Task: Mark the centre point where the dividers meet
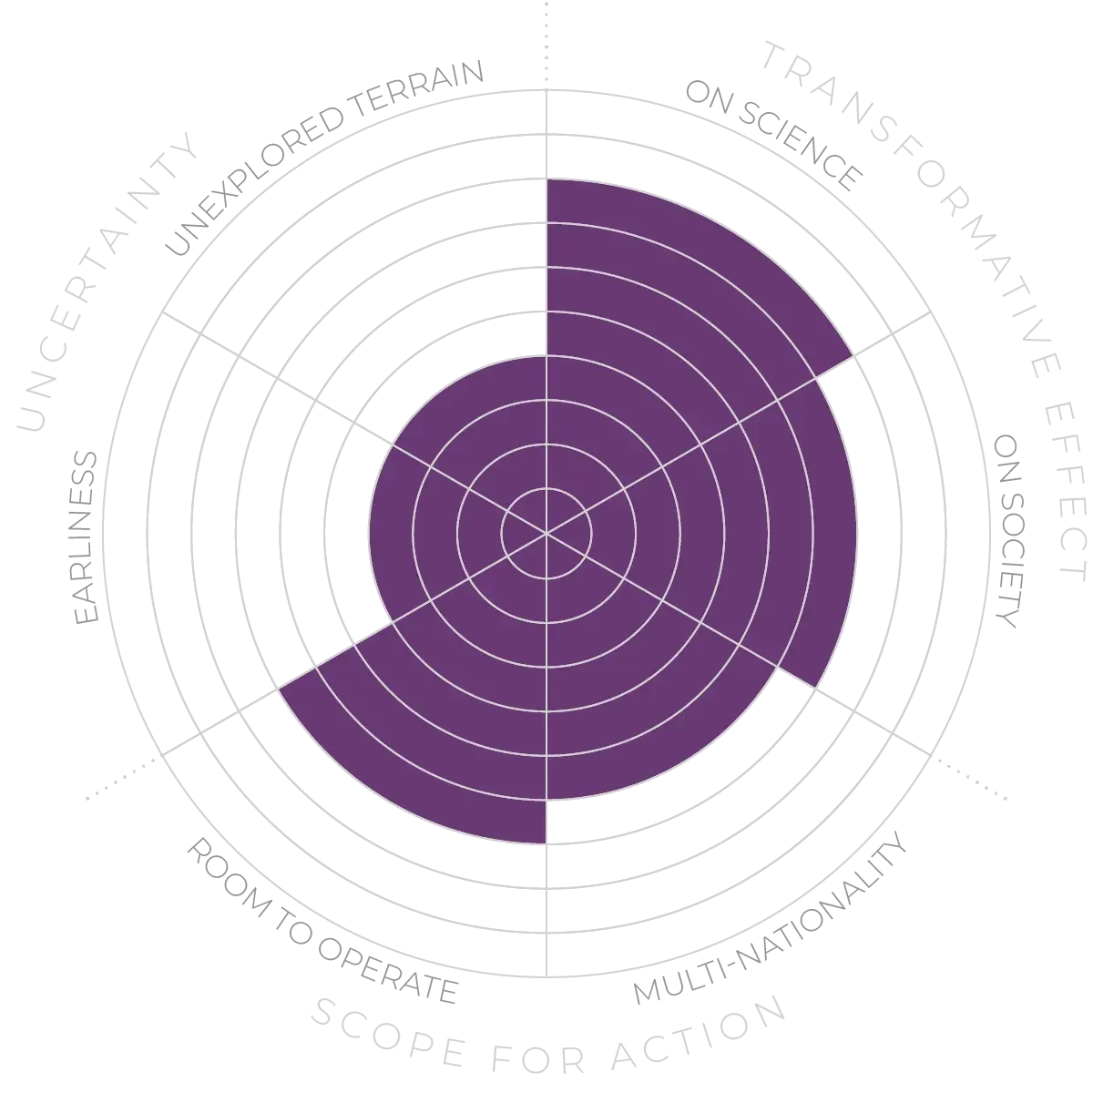[x=546, y=533]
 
